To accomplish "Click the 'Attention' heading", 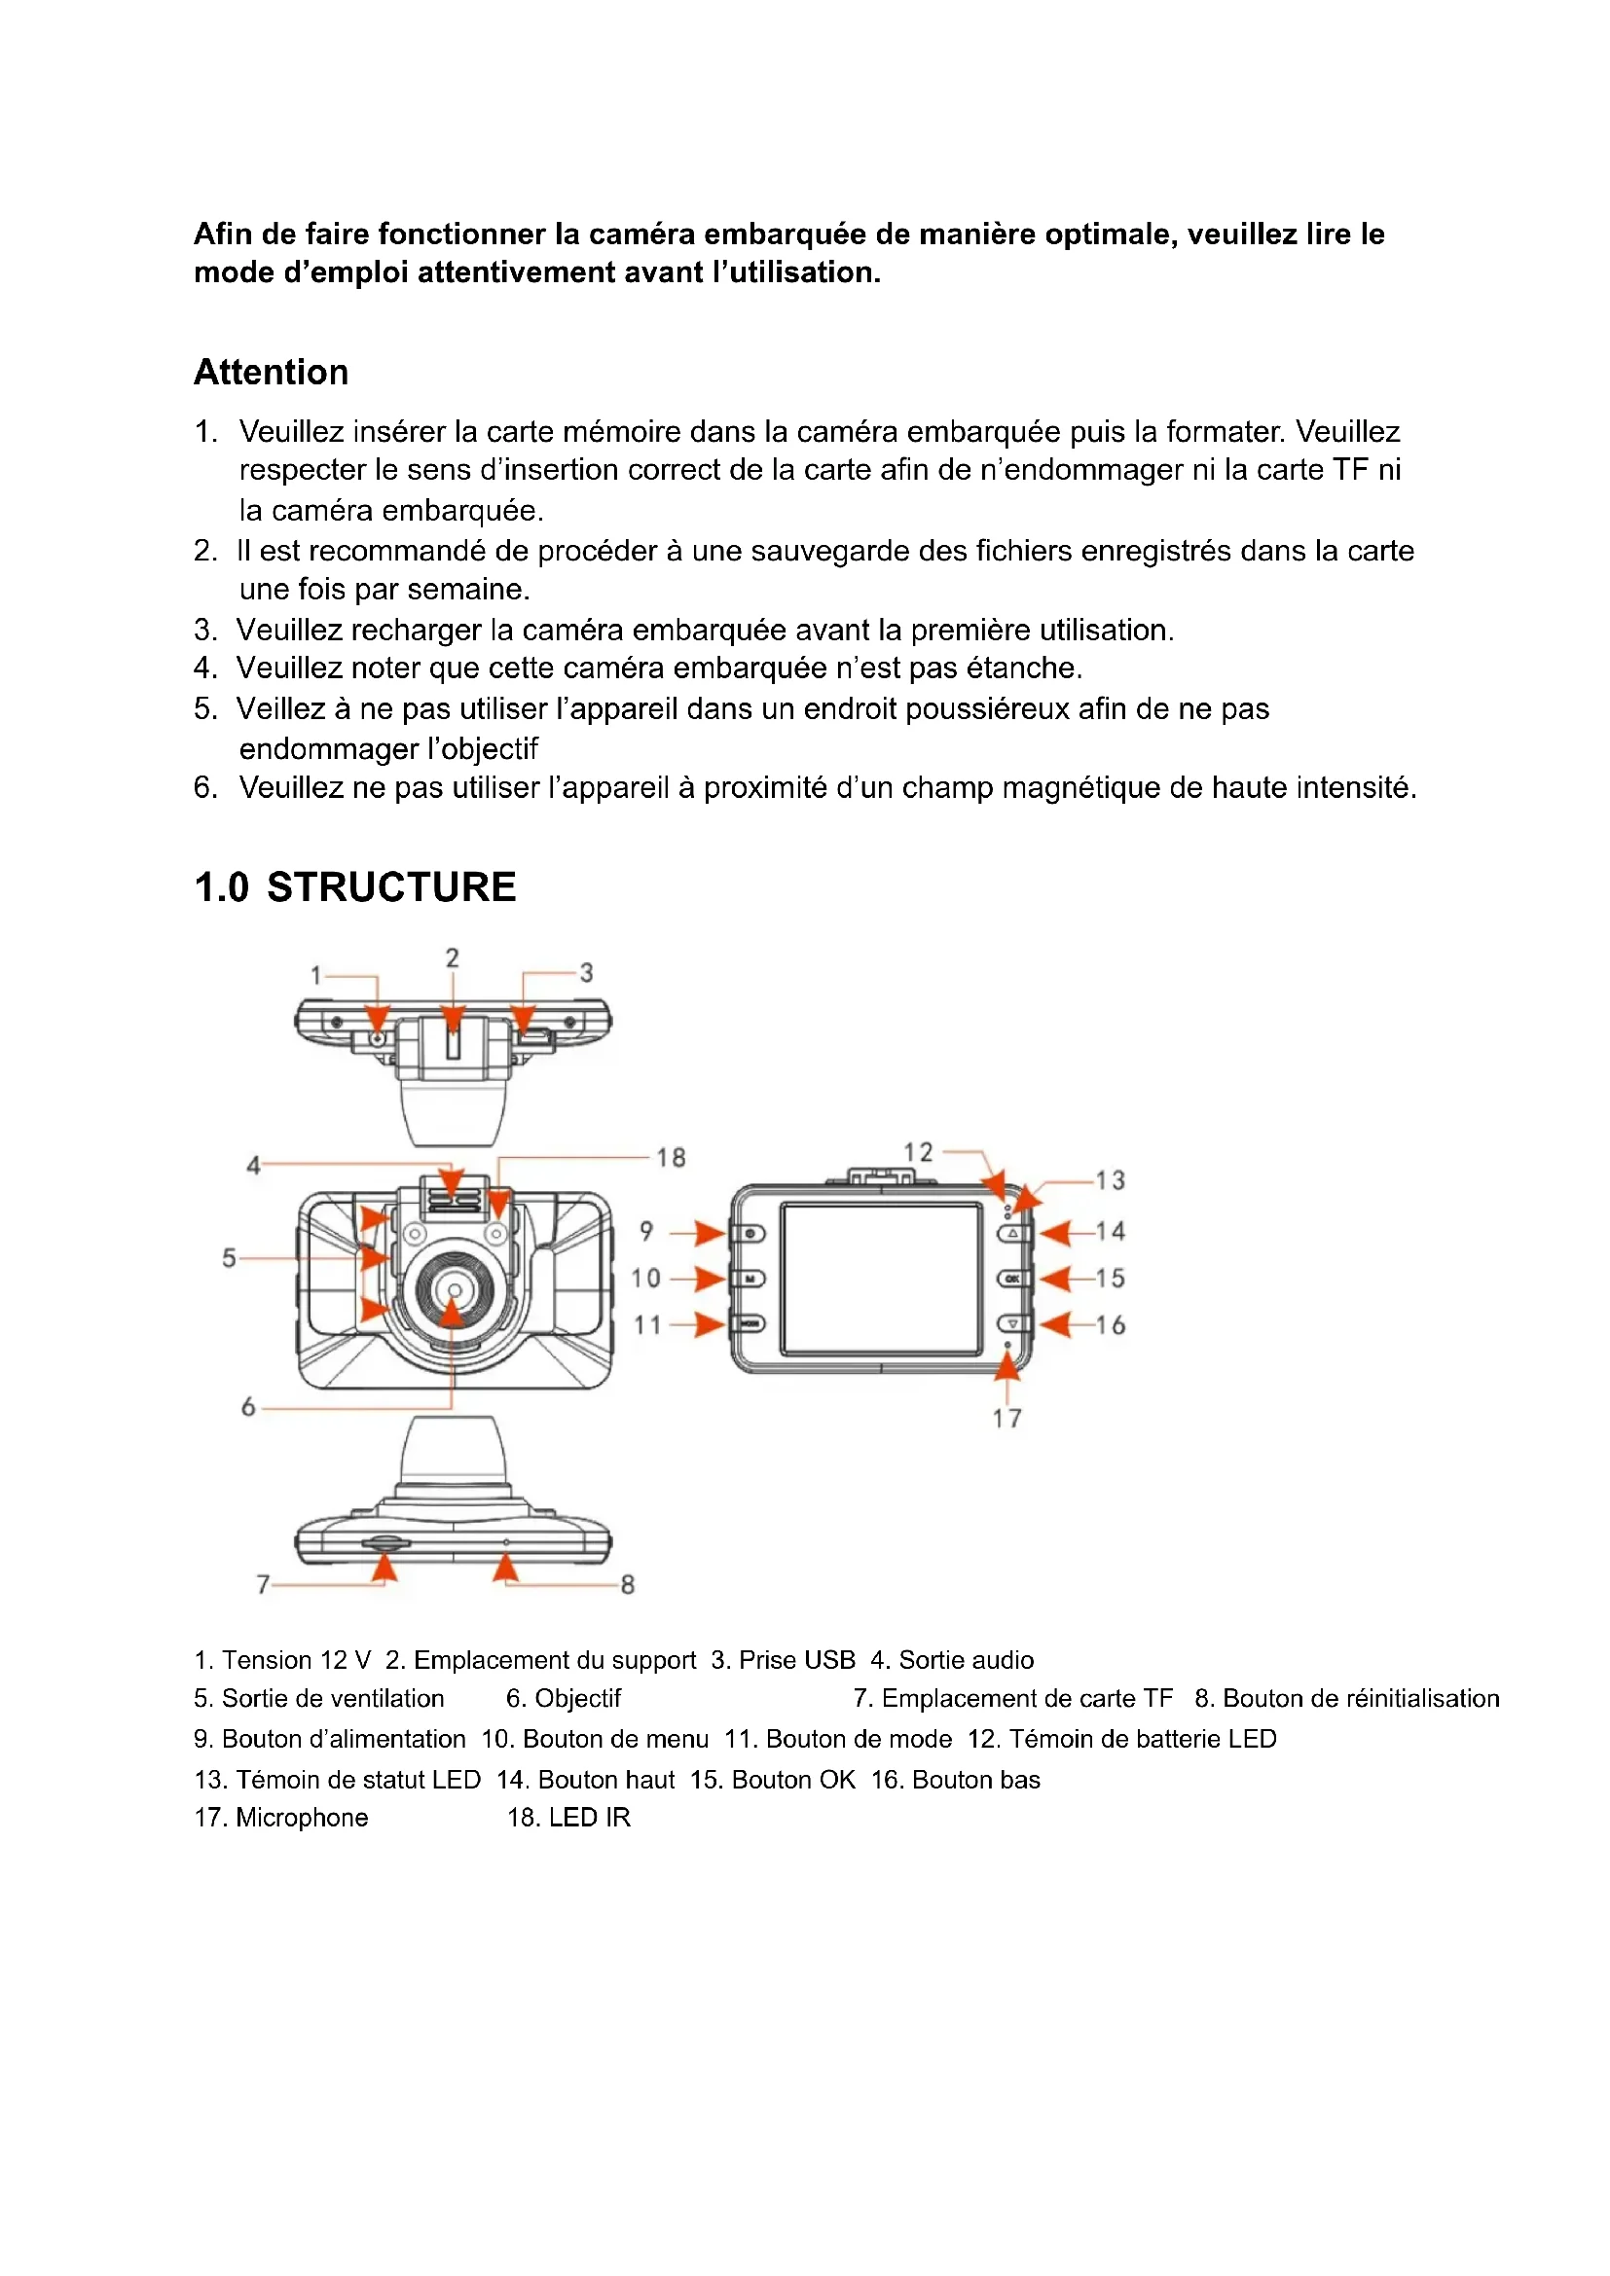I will [271, 373].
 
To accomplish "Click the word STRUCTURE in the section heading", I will [391, 887].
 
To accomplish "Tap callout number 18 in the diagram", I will [672, 1157].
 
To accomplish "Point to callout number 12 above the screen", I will [918, 1152].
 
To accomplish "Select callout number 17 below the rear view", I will [1007, 1419].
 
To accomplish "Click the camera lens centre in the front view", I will [453, 1289].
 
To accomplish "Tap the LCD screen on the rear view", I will [880, 1279].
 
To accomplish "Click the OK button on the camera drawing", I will [1012, 1279].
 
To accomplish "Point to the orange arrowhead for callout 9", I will [710, 1233].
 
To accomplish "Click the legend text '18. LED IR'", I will [569, 1817].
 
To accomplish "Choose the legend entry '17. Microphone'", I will [281, 1817].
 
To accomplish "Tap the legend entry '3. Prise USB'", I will [784, 1659].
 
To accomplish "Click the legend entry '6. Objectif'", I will [563, 1698].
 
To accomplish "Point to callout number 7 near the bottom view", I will [263, 1584].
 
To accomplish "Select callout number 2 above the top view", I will [452, 957].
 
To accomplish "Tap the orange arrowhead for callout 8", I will [506, 1568].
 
